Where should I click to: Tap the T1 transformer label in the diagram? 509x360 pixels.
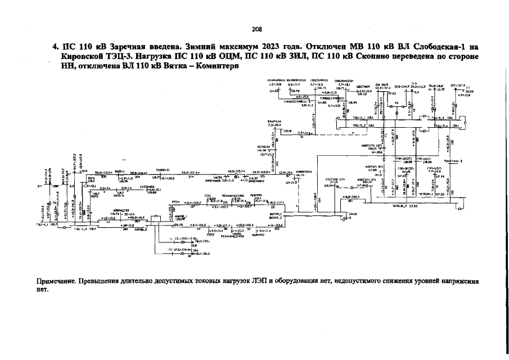pyautogui.click(x=170, y=238)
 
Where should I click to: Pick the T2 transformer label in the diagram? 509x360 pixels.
pyautogui.click(x=170, y=249)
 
